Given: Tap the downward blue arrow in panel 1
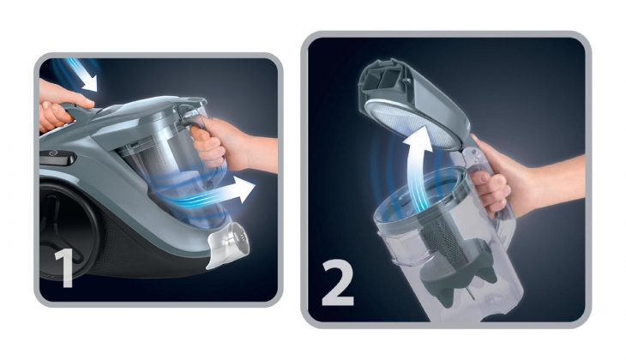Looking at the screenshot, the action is [82, 75].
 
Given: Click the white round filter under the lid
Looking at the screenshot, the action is [412, 123].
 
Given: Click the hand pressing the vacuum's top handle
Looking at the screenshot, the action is [60, 105].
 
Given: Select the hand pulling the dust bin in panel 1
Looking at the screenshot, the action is [227, 144].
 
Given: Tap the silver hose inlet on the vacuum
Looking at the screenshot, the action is [228, 244].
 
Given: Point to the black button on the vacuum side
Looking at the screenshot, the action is [58, 158].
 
